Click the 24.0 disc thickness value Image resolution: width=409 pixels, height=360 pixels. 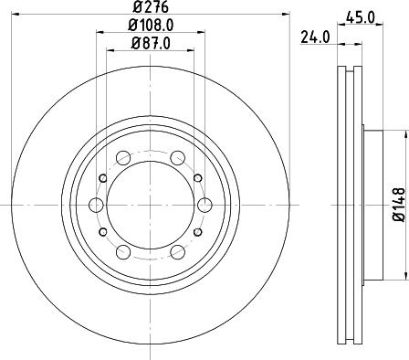[315, 38]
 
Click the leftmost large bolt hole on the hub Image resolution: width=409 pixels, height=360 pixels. [95, 203]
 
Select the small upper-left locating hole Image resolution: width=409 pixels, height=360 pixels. [103, 176]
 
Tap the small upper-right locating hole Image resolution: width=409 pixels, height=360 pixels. [196, 176]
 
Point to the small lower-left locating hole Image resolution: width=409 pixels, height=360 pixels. [103, 229]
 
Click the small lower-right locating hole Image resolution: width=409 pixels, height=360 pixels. [196, 229]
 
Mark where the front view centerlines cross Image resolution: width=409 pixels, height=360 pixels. [150, 203]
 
